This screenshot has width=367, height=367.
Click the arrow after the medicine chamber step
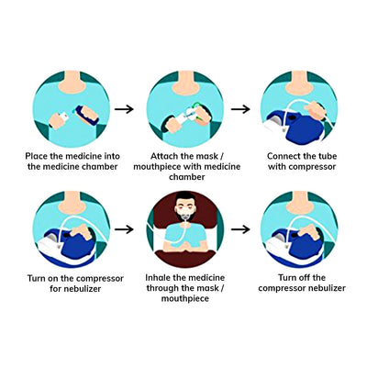coord(124,109)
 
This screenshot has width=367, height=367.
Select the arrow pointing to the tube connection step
coord(240,109)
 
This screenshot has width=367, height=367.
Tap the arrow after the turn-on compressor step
coord(124,229)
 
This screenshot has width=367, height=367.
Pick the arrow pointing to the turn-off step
coord(240,229)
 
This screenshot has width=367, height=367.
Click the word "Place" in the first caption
coord(37,156)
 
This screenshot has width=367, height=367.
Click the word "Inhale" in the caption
coord(158,278)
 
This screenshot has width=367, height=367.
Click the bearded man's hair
coord(185,196)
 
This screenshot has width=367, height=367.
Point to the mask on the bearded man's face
coord(184,214)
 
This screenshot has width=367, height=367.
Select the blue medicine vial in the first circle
coord(86,115)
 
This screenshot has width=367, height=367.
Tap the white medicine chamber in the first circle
coord(64,117)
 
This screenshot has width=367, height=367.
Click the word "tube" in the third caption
coord(328,156)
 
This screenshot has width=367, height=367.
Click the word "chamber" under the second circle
coord(186,177)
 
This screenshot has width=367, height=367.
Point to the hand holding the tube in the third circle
coord(316,110)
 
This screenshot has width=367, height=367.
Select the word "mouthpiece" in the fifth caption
coord(185,299)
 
